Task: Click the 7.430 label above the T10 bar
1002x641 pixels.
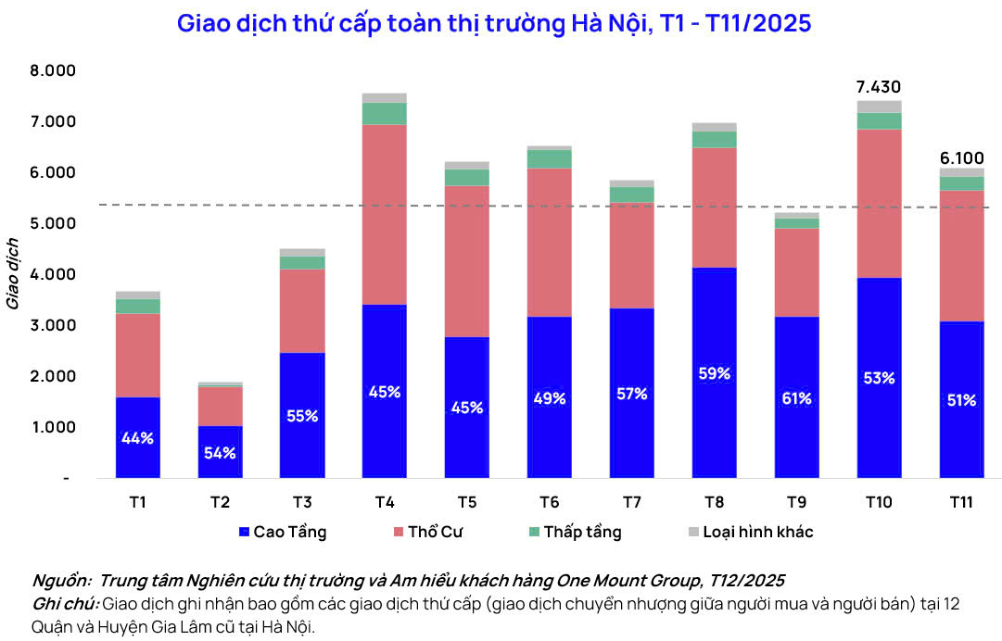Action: tap(879, 87)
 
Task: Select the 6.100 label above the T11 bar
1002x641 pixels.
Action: tap(961, 158)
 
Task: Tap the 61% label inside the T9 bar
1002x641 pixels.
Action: tap(796, 398)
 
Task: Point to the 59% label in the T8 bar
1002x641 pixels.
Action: tap(715, 373)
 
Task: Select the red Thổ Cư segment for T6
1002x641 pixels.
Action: tap(550, 243)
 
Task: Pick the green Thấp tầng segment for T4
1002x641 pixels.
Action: tap(385, 113)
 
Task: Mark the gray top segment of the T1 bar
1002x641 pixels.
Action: tap(138, 295)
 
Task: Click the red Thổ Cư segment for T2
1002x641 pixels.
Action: tap(220, 407)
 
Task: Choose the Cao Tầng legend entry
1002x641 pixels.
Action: tap(283, 533)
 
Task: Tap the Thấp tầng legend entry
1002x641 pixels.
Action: tap(574, 533)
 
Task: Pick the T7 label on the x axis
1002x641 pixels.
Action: tap(632, 503)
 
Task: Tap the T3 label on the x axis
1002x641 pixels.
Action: tap(302, 503)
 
